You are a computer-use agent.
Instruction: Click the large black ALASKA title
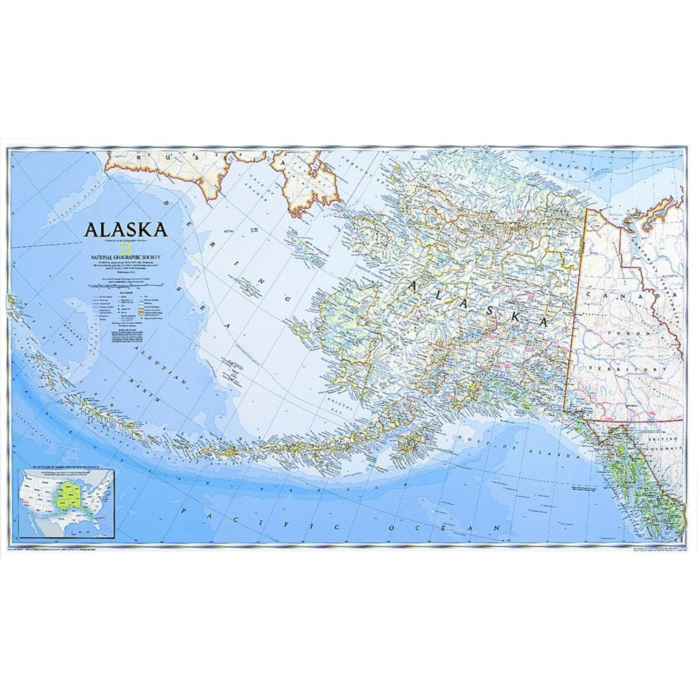click(x=125, y=229)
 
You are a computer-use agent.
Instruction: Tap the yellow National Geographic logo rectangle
click(x=126, y=248)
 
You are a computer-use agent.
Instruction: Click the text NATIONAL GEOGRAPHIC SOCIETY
click(x=125, y=257)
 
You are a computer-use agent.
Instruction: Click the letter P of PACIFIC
click(x=185, y=511)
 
